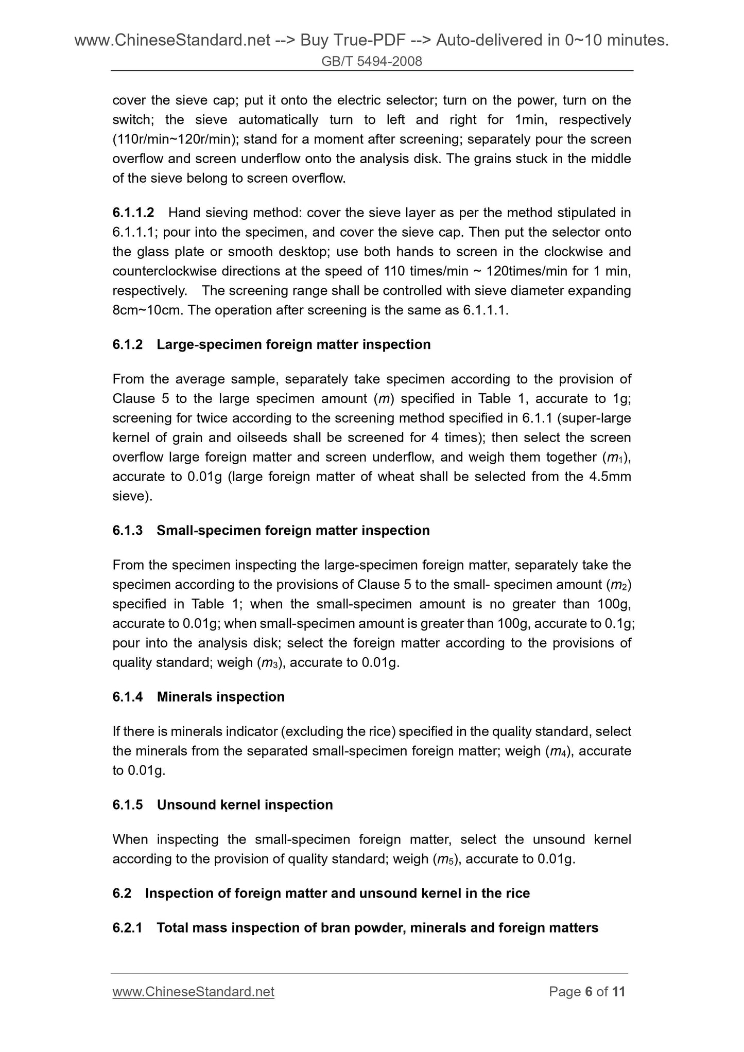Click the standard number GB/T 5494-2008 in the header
(x=371, y=62)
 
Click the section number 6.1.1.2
(x=133, y=213)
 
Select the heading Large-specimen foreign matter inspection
(x=293, y=344)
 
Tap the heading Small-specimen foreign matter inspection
(x=293, y=530)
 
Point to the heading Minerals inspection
(x=220, y=696)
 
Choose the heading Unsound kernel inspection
(x=245, y=804)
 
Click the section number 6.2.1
(x=127, y=927)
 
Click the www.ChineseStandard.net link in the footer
(x=193, y=991)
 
